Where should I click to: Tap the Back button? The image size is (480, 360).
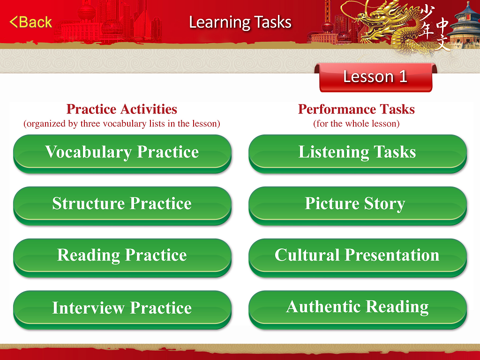pos(30,22)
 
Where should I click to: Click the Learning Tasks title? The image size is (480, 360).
pos(240,22)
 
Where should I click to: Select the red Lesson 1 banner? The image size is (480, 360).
pos(375,77)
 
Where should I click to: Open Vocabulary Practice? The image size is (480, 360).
pos(122,154)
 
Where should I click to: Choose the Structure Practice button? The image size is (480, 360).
pos(122,206)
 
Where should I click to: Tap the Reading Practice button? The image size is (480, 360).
pos(122,258)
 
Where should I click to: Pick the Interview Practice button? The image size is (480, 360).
pos(122,310)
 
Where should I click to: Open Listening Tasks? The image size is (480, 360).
pos(358,154)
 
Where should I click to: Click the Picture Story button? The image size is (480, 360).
pos(358,206)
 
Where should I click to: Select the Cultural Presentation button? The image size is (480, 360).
pos(358,258)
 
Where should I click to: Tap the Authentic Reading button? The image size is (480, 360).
pos(358,310)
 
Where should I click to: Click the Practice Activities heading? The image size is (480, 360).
pos(122,109)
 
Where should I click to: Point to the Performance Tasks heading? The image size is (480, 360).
pos(357,109)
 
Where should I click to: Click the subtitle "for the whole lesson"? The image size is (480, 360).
pos(357,124)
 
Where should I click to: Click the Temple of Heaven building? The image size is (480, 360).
pos(465,26)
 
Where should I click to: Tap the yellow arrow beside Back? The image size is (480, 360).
pos(14,22)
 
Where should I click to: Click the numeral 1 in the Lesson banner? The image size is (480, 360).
pos(403,76)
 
